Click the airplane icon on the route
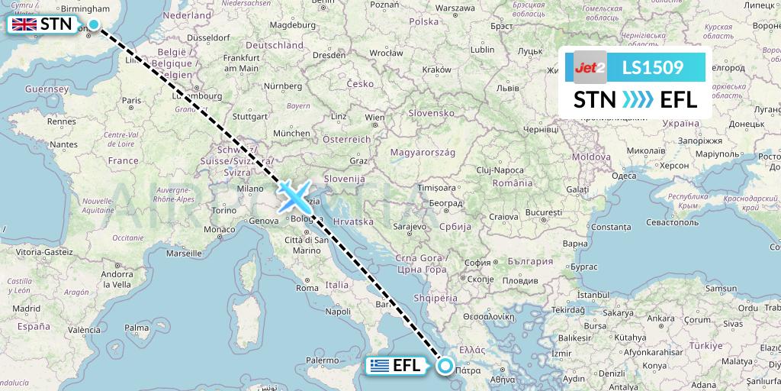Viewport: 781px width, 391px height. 294,195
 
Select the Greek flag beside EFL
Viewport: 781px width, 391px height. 378,367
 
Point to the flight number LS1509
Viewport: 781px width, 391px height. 652,68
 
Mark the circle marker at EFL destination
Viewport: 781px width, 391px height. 446,367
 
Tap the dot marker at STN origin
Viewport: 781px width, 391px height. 93,24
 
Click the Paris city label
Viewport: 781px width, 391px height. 132,100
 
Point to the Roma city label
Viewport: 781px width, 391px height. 307,288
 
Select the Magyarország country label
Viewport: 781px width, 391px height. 422,153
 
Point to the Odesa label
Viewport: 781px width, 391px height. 623,175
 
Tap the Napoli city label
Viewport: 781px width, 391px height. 338,311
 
